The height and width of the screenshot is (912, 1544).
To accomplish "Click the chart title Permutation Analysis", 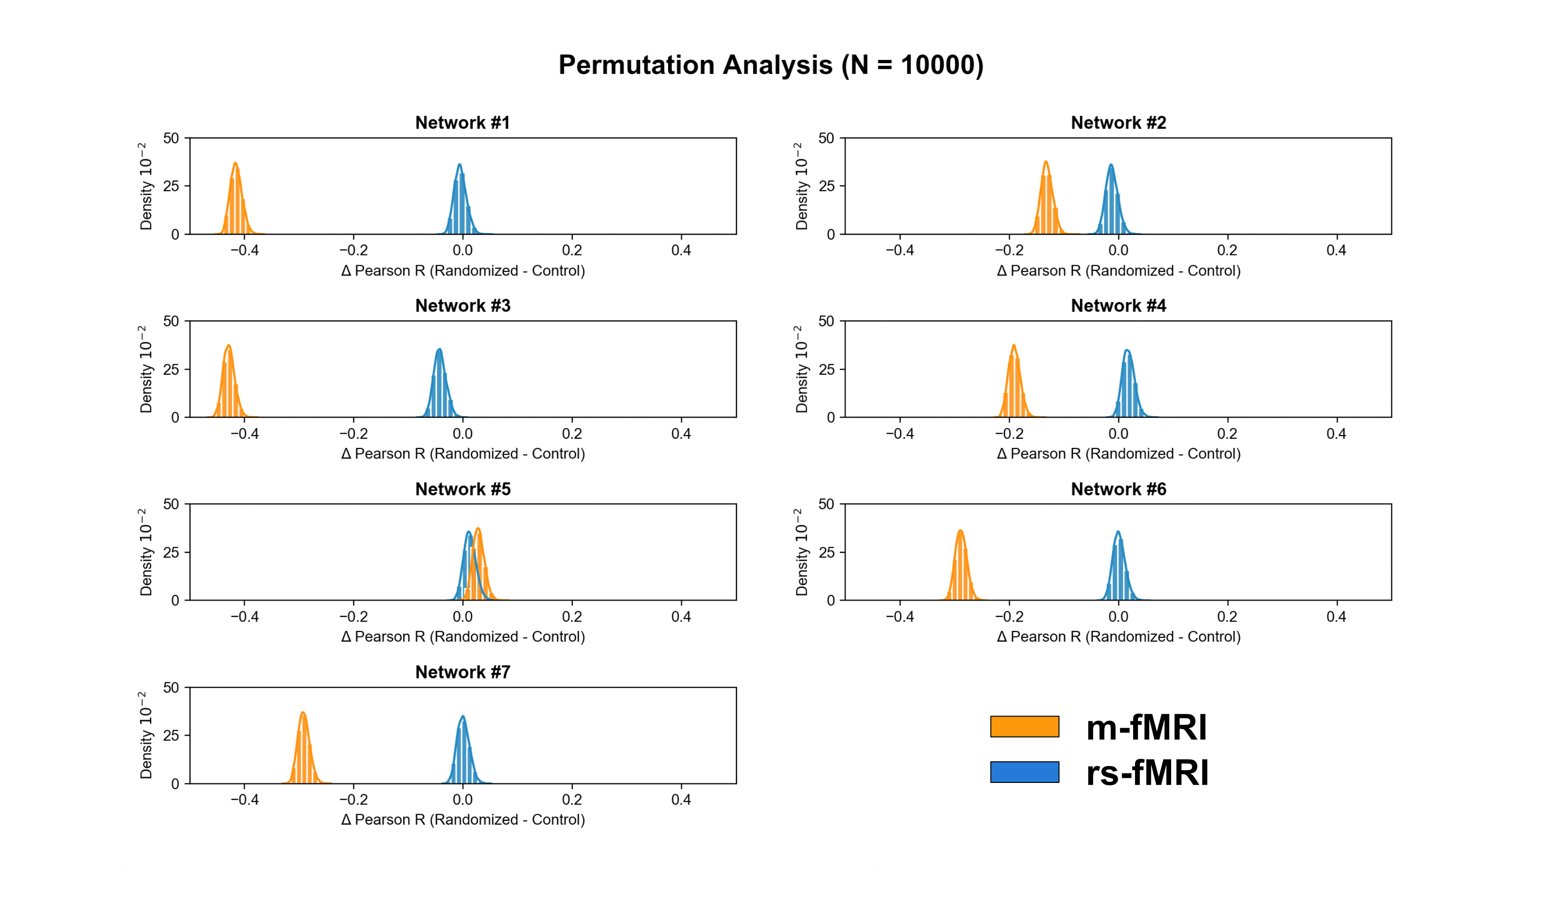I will [771, 65].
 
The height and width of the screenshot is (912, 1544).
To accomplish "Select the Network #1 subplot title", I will [463, 123].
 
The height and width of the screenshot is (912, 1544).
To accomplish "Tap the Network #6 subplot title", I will [1118, 489].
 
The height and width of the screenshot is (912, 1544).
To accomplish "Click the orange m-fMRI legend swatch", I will [1024, 726].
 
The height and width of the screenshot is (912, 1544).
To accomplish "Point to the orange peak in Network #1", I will [235, 164].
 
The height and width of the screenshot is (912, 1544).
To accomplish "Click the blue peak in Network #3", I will [439, 350].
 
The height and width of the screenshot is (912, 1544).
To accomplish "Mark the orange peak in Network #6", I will [960, 531].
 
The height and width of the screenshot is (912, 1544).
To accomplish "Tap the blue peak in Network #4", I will [1127, 351].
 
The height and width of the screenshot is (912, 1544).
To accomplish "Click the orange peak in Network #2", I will [1046, 163].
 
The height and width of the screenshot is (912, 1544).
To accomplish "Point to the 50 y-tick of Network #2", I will [826, 138].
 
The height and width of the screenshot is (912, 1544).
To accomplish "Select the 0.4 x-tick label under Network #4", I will [1336, 434].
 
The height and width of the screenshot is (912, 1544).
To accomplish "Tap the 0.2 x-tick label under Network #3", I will [572, 434].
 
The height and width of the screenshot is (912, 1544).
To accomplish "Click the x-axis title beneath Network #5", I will [463, 637].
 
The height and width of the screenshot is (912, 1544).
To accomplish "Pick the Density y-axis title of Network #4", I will [801, 369].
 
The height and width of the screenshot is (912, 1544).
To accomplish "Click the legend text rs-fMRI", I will [1147, 773].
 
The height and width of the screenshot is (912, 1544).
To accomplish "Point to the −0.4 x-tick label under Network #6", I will [899, 616].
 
